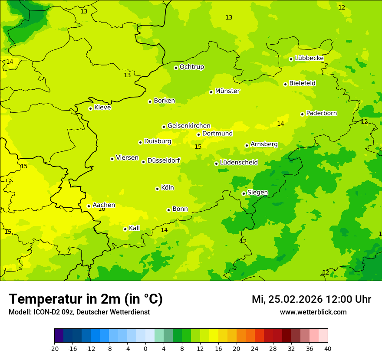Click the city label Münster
click(227, 91)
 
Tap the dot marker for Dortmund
click(198, 134)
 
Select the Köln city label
click(167, 188)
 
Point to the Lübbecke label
click(309, 58)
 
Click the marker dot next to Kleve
click(90, 108)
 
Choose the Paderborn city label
click(321, 113)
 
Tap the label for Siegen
click(257, 193)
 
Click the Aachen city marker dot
click(89, 206)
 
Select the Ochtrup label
click(191, 67)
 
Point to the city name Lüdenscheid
click(239, 163)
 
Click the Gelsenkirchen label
click(189, 126)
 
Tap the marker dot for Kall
click(125, 229)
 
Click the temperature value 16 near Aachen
click(102, 209)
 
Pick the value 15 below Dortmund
click(198, 147)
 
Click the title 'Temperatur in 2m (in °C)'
click(86, 299)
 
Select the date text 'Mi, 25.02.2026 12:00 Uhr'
click(311, 299)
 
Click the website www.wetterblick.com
click(313, 312)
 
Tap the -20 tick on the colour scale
click(54, 348)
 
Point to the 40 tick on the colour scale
click(328, 348)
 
